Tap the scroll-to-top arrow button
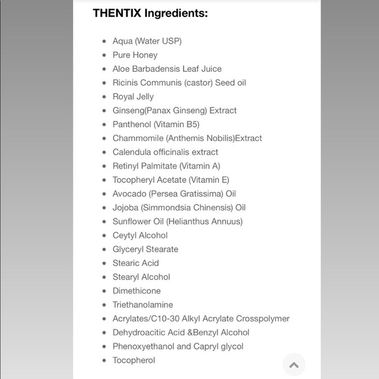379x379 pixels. pyautogui.click(x=294, y=365)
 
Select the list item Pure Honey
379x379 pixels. pyautogui.click(x=135, y=55)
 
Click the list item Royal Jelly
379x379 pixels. pyautogui.click(x=133, y=97)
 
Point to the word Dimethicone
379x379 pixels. pyautogui.click(x=136, y=291)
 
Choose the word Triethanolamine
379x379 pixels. pyautogui.click(x=142, y=305)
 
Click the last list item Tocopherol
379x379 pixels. pyautogui.click(x=133, y=360)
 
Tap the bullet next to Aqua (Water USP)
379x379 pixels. pyautogui.click(x=104, y=41)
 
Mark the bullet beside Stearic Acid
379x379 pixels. pyautogui.click(x=104, y=263)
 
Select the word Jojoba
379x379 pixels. pyautogui.click(x=126, y=208)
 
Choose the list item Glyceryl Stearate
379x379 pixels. pyautogui.click(x=145, y=249)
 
